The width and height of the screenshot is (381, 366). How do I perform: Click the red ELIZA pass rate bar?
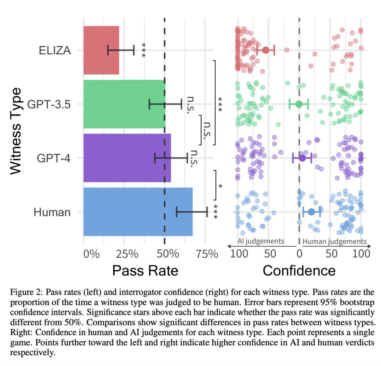[x=101, y=50]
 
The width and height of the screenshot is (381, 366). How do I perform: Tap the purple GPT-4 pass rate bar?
[x=127, y=158]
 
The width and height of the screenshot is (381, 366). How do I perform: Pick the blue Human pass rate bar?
[x=138, y=212]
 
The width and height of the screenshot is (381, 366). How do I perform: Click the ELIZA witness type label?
[x=55, y=50]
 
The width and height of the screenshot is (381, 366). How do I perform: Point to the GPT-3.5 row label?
[x=49, y=104]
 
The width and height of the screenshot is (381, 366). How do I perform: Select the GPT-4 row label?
[x=54, y=158]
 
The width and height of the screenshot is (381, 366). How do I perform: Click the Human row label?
[x=52, y=212]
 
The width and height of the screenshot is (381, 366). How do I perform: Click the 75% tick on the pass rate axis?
[x=205, y=254]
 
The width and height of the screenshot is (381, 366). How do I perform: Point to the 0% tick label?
[x=91, y=254]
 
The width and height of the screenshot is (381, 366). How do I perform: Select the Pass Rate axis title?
[x=145, y=271]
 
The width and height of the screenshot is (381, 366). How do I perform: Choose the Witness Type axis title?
[x=16, y=131]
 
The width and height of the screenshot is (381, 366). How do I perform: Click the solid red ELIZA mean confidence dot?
[x=266, y=50]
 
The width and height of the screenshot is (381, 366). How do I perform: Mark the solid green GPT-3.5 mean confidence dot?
[x=299, y=104]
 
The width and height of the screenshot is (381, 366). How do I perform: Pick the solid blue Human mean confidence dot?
[x=311, y=212]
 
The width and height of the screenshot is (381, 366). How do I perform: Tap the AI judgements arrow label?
[x=261, y=241]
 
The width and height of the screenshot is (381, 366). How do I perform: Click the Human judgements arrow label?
[x=334, y=242]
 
